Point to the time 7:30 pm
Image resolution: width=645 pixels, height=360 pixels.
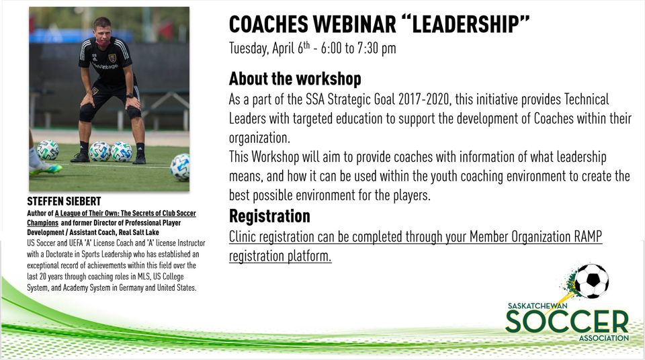point(376,48)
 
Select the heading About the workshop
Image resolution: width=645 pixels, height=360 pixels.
point(295,79)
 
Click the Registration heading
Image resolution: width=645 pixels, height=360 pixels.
point(269,216)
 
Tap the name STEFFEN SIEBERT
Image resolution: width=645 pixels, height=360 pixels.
point(64,201)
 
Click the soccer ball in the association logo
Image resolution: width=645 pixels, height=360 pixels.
point(593,281)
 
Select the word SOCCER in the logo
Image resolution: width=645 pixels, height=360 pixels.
point(567,321)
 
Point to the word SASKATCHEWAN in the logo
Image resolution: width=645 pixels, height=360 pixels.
point(537,306)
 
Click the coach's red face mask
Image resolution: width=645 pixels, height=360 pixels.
point(102,42)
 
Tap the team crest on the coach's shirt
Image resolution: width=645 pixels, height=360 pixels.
point(112,58)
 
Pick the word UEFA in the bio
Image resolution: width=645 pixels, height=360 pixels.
point(73,243)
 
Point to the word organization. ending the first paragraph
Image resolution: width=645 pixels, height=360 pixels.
point(259,138)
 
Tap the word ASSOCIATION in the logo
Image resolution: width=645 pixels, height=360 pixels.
point(604,338)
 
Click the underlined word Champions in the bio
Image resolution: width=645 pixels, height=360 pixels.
point(43,222)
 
